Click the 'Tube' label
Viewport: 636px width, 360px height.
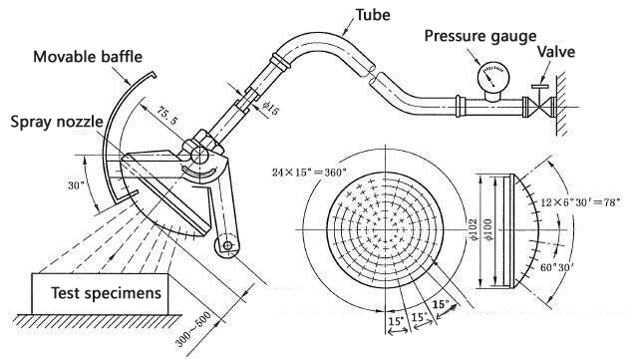[x=373, y=15]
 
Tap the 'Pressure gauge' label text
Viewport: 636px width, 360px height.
[x=480, y=36]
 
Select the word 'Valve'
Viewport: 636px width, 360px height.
[x=556, y=52]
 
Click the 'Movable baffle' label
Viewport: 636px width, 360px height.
[x=88, y=57]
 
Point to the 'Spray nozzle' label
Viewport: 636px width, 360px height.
[x=57, y=122]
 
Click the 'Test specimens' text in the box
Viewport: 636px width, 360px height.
[x=106, y=292]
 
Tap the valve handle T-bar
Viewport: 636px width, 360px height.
[x=540, y=87]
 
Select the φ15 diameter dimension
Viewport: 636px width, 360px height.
[x=270, y=107]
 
